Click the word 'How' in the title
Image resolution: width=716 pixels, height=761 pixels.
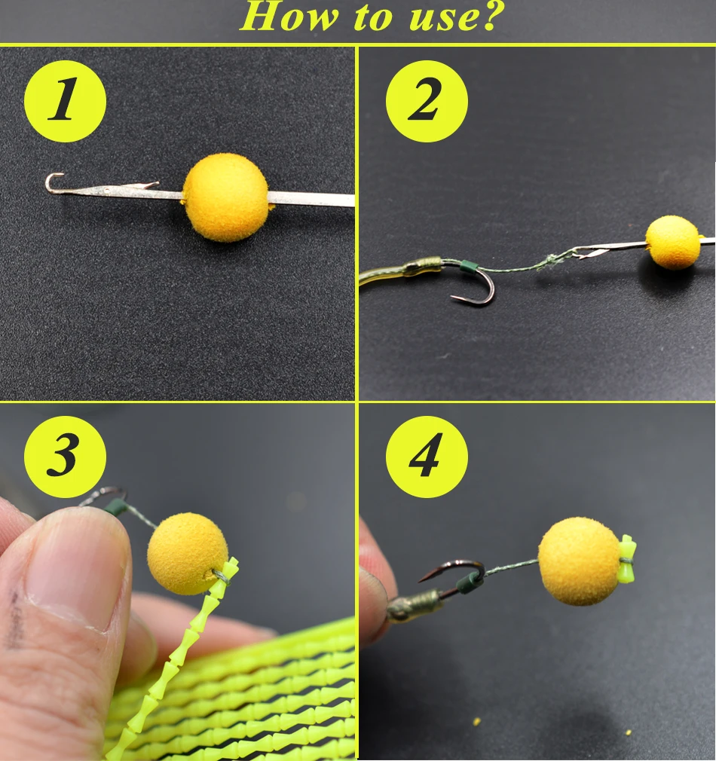tap(289, 17)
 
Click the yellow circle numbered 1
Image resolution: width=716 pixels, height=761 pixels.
tap(65, 101)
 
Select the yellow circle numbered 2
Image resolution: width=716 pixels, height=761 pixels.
tap(427, 101)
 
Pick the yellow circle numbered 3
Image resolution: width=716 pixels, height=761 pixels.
tap(65, 456)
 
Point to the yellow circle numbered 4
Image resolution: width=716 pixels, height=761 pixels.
tap(427, 456)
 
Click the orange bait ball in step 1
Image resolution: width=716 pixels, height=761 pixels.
tap(225, 197)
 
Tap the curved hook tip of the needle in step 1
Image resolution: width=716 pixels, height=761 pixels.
tap(51, 183)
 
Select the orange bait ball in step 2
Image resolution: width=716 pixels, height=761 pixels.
tap(673, 242)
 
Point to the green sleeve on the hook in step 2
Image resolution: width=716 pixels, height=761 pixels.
tap(468, 267)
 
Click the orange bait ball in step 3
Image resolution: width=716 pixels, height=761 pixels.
tap(188, 554)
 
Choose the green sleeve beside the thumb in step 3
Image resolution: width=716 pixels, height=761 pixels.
tap(116, 507)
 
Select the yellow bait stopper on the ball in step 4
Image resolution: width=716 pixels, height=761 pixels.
tap(627, 559)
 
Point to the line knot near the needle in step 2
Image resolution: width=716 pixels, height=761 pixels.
tap(551, 261)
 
